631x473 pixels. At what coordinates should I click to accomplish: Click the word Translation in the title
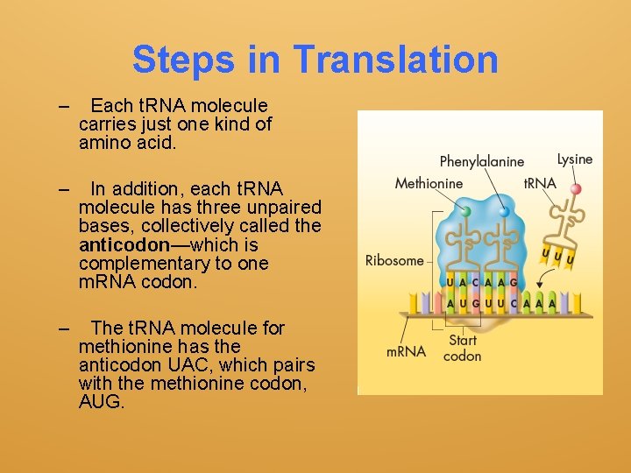coord(395,60)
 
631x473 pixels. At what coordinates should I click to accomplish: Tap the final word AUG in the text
coord(102,403)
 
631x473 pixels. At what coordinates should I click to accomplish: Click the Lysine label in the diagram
coord(575,159)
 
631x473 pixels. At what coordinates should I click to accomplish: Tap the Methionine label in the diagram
coord(429,183)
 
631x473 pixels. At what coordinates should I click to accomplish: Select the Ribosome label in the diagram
coord(393,260)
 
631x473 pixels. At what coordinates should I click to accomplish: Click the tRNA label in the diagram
coord(539,184)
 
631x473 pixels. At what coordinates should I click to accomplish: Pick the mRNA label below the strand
coord(406,352)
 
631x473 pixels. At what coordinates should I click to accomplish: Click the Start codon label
coord(462,348)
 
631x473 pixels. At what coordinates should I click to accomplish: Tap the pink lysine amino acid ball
coord(576,188)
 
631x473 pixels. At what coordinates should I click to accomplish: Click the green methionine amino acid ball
coord(465,211)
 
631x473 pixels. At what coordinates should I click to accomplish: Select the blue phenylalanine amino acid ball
coord(504,211)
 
